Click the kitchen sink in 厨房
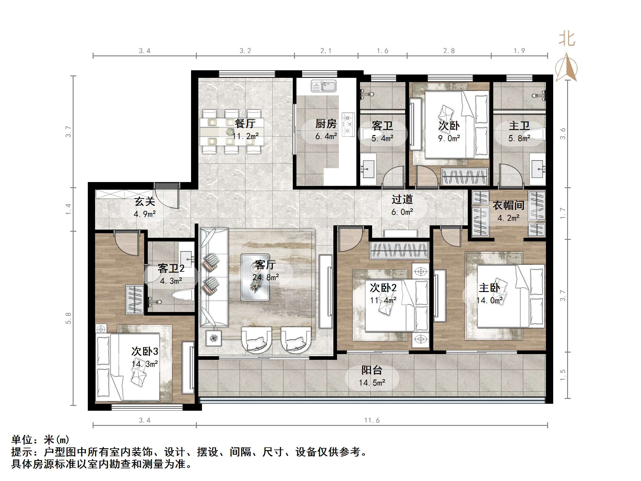click(x=323, y=86)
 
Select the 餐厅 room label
click(x=245, y=123)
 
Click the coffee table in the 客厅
click(x=255, y=277)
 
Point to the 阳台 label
click(x=372, y=370)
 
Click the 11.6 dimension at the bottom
click(x=372, y=420)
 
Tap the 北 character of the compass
click(x=567, y=39)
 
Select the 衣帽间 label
click(x=508, y=205)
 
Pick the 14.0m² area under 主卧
click(x=489, y=300)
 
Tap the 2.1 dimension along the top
click(x=326, y=51)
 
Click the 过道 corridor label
click(x=402, y=199)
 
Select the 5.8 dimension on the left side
click(x=68, y=318)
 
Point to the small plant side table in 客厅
click(x=213, y=338)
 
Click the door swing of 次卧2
click(x=349, y=241)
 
